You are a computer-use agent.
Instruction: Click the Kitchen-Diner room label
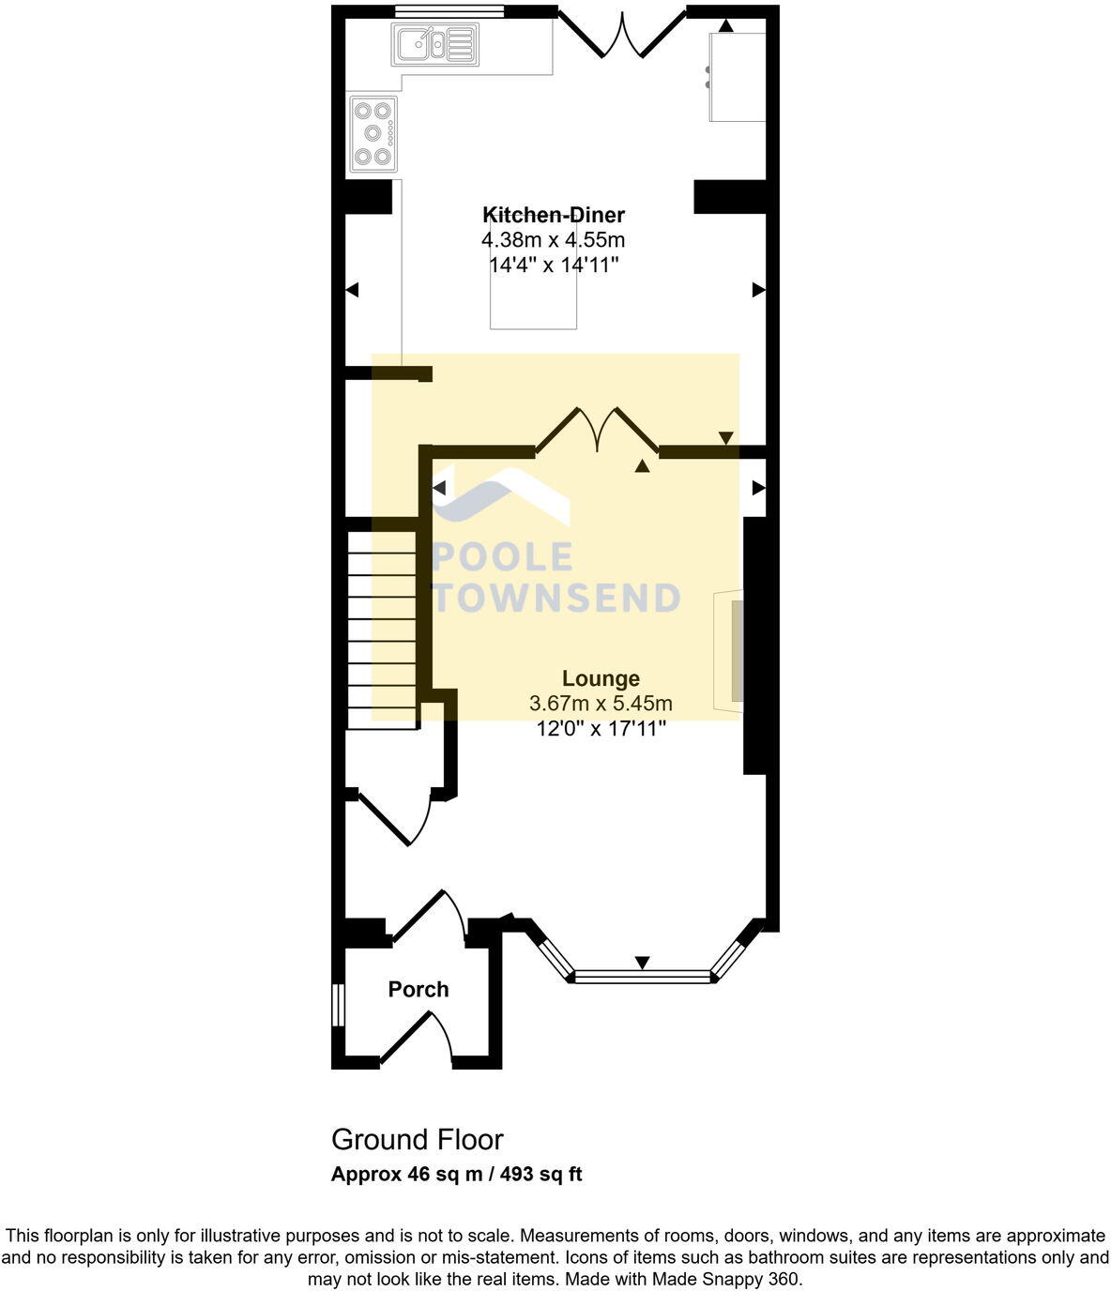pos(553,215)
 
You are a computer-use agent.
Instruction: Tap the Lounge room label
pos(601,678)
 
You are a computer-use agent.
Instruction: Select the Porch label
pos(419,989)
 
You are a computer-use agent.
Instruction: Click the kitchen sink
pos(435,44)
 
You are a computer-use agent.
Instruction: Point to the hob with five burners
pos(373,133)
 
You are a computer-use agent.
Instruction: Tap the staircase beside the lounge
pos(382,629)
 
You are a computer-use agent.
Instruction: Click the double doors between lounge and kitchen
pos(597,431)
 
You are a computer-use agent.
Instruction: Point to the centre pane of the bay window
pos(643,977)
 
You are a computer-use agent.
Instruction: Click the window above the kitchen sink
pos(449,11)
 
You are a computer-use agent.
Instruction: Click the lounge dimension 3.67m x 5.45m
pos(601,704)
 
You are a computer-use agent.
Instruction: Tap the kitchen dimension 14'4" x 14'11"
pos(553,266)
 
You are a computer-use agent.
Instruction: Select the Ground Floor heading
pos(417,1139)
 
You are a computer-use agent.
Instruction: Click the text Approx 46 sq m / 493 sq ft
pos(456,1174)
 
